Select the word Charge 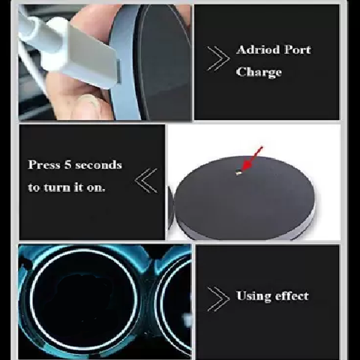tap(259, 73)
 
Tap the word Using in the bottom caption tap(253, 295)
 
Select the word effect tap(290, 295)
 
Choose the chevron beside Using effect tap(218, 298)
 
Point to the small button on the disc tap(238, 172)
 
